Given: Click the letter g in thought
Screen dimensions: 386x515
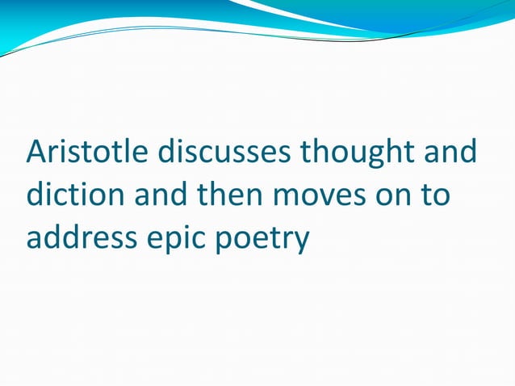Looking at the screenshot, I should [370, 156].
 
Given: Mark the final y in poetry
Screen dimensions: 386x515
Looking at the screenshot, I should [300, 242].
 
